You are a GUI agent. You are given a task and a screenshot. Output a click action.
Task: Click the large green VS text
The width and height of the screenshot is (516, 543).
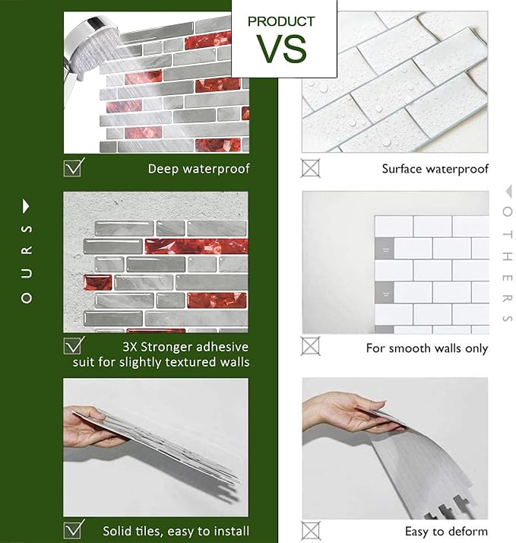pyautogui.click(x=281, y=49)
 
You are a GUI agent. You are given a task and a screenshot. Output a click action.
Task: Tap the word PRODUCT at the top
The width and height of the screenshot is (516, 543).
pyautogui.click(x=281, y=21)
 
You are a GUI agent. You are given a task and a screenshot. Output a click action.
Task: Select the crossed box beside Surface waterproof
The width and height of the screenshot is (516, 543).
pyautogui.click(x=310, y=168)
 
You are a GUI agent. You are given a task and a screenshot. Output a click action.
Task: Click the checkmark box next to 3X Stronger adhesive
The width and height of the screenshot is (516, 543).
pyautogui.click(x=74, y=345)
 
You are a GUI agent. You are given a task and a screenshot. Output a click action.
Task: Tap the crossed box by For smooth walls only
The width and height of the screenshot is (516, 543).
pyautogui.click(x=310, y=346)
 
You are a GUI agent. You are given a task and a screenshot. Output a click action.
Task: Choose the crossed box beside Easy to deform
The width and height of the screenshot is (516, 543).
pyautogui.click(x=310, y=531)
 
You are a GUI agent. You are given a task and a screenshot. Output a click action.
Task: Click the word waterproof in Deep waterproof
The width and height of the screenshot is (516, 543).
pyautogui.click(x=216, y=169)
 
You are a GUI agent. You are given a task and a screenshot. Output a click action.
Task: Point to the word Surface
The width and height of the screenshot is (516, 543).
pyautogui.click(x=402, y=169)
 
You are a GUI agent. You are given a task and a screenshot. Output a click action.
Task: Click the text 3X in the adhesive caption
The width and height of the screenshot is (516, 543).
pyautogui.click(x=129, y=347)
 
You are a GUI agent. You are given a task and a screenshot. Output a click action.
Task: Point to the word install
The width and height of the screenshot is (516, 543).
pyautogui.click(x=232, y=531)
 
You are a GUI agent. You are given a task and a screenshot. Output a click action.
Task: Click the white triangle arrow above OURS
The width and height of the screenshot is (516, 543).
pyautogui.click(x=26, y=206)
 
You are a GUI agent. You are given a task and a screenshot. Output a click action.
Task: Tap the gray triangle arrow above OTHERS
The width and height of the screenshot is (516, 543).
pyautogui.click(x=508, y=191)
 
